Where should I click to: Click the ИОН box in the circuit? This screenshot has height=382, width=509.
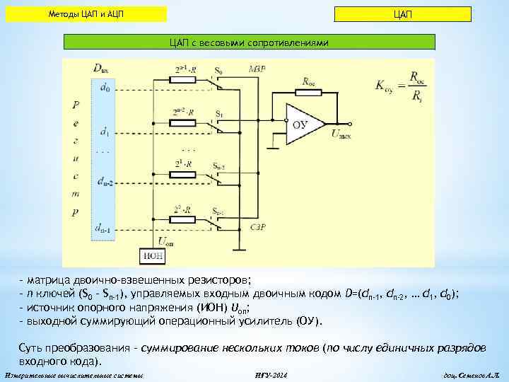[x=153, y=255]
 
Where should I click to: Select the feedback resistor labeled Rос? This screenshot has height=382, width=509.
[x=309, y=92]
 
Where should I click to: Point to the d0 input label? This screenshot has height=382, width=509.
[x=105, y=87]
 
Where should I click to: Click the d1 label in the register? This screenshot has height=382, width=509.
[x=105, y=132]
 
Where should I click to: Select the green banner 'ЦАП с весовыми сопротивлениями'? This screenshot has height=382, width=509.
[x=250, y=42]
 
